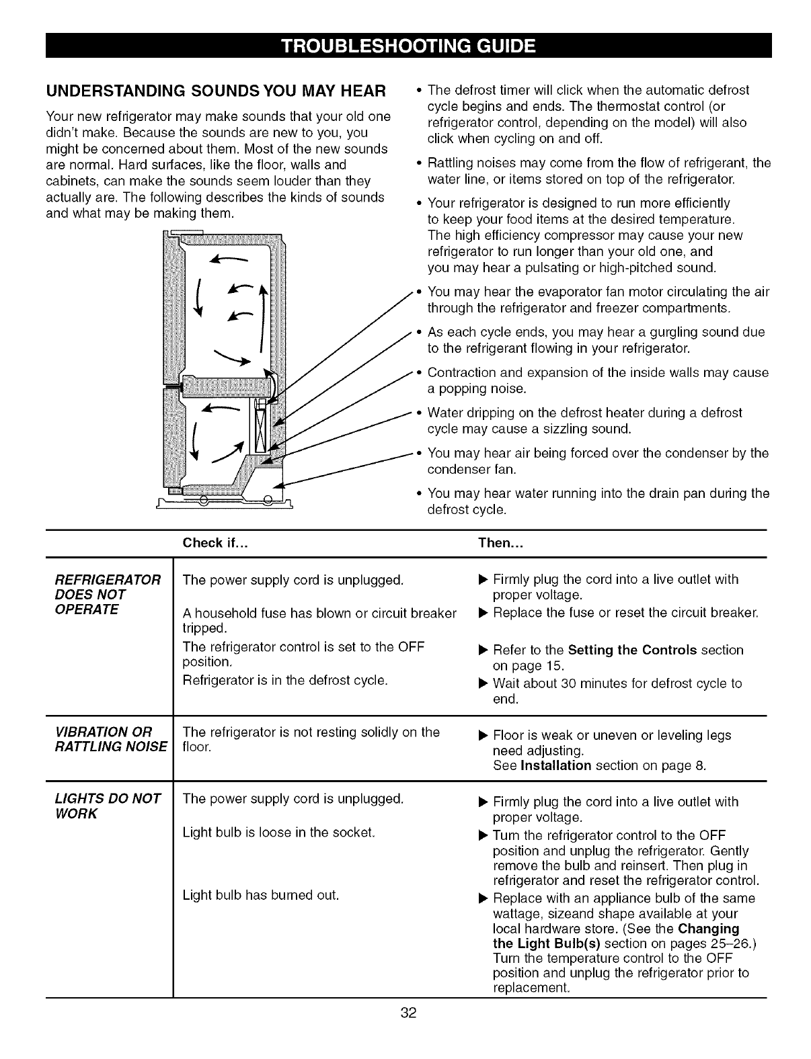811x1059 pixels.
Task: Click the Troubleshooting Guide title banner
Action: pos(408,46)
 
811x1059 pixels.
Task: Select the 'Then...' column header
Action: pos(500,544)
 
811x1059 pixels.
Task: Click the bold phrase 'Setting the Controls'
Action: pos(632,650)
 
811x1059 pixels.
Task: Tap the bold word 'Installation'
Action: pos(555,766)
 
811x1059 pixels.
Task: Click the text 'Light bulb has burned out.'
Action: pos(261,896)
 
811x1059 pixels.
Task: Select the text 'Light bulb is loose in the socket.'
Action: pos(278,833)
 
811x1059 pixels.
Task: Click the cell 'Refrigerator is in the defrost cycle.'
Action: pos(285,680)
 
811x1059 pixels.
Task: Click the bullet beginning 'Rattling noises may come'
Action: pos(598,171)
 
